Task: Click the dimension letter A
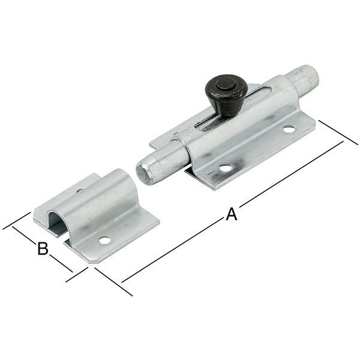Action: click(x=231, y=214)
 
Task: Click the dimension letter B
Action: click(x=43, y=248)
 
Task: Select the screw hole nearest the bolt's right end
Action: click(x=289, y=129)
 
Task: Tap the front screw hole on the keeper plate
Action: click(x=105, y=241)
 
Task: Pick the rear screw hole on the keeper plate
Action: click(x=79, y=192)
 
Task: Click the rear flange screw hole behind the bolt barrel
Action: click(x=178, y=134)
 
